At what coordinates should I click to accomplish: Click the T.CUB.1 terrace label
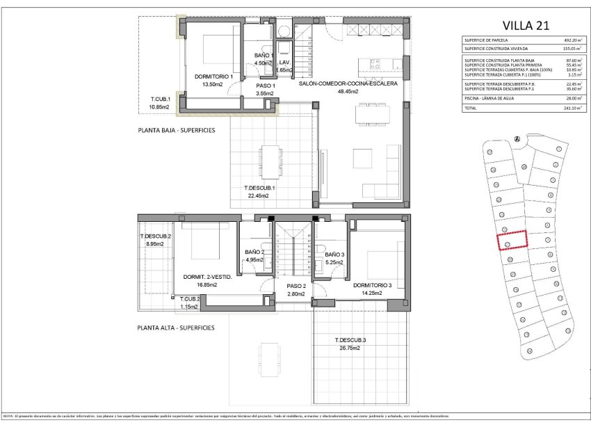[161, 99]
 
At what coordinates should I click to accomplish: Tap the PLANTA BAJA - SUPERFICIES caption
[176, 130]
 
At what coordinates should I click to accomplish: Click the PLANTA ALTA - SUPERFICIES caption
[176, 327]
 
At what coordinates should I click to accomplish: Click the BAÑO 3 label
[334, 255]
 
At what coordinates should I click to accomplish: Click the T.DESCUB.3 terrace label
[350, 340]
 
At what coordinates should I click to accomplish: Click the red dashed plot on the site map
[512, 240]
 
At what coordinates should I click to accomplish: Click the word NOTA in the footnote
[10, 416]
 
